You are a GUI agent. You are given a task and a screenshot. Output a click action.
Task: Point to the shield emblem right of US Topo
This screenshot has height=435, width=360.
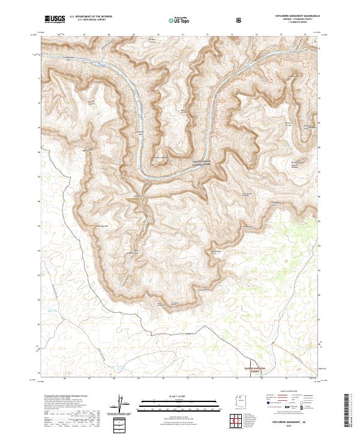[x=239, y=20]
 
